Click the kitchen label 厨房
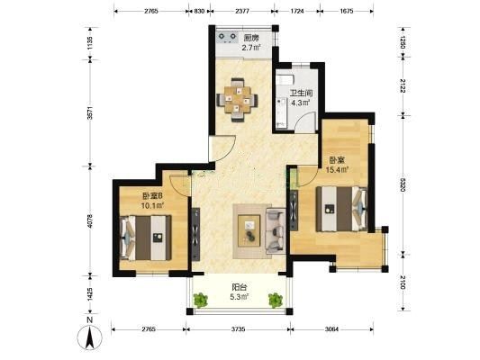pos(251,38)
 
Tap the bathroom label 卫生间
pos(301,93)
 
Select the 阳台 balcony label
pos(240,287)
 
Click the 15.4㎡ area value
pos(338,169)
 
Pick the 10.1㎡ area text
pos(153,205)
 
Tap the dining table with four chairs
pos(237,100)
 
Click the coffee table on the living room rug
pos(249,230)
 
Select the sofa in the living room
pos(276,231)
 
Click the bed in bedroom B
pos(146,238)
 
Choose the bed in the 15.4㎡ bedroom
pos(341,209)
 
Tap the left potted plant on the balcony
pos(201,300)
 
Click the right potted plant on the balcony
pos(276,300)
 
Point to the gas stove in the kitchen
pos(227,37)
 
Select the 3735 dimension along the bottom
pos(238,329)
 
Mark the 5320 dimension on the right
pos(403,184)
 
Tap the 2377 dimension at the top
pos(242,12)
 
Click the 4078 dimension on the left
pos(90,220)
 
